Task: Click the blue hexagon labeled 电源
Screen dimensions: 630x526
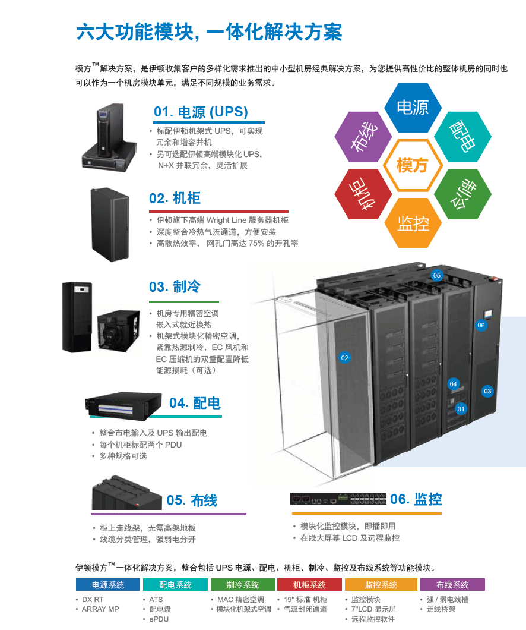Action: pos(413,108)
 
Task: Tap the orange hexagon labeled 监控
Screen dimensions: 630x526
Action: pos(413,223)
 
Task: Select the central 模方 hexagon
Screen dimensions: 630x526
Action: pos(413,165)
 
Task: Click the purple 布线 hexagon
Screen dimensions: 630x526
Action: pos(363,136)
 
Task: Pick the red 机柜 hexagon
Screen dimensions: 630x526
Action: pos(363,194)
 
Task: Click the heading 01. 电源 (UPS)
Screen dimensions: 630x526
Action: pos(201,112)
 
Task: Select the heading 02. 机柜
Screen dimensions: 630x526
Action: pos(175,199)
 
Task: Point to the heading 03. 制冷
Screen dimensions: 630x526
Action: pos(175,286)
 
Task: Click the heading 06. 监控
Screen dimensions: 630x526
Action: pos(416,499)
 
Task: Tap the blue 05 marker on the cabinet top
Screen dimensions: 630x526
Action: pos(437,275)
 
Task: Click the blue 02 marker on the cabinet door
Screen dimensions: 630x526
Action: pos(344,358)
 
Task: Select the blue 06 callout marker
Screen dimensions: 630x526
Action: pos(481,325)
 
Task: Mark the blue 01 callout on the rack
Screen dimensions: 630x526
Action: pos(461,408)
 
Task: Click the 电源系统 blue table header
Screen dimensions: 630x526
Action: pos(107,585)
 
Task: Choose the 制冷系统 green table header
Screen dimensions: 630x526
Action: pos(243,585)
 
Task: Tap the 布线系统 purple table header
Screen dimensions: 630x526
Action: pos(452,585)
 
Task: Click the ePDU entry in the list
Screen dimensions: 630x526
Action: pos(159,619)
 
